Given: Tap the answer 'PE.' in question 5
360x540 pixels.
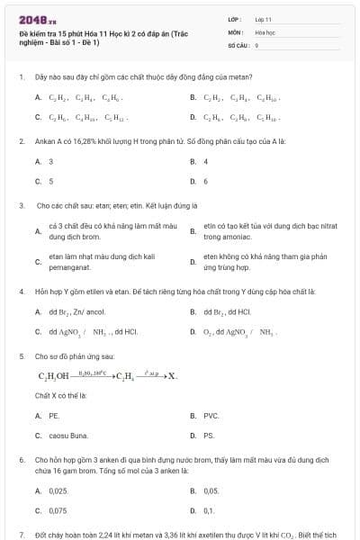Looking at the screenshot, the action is [54, 416].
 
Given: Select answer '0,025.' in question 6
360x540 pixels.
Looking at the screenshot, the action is [58, 490].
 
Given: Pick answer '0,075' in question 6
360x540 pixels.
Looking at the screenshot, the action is [58, 510].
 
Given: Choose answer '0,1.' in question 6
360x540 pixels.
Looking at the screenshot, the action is [209, 510].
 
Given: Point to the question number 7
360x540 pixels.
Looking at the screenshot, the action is [21, 534].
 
